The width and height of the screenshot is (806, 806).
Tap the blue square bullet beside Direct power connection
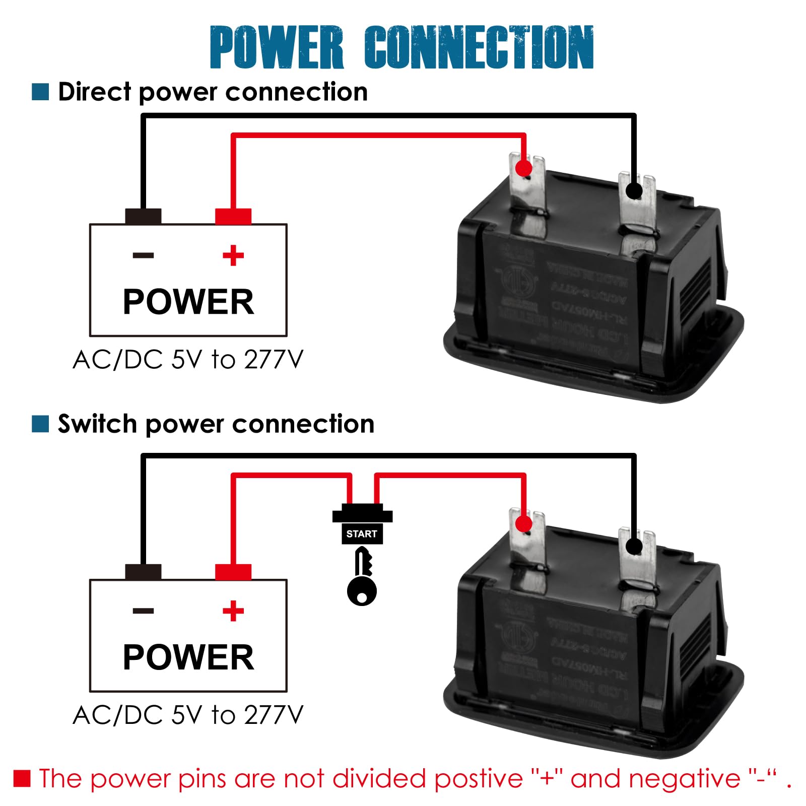pyautogui.click(x=40, y=92)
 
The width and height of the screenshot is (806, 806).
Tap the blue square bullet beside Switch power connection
pyautogui.click(x=40, y=424)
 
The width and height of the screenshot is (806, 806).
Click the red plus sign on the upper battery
pyautogui.click(x=233, y=255)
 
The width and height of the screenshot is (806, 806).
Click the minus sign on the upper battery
pyautogui.click(x=144, y=255)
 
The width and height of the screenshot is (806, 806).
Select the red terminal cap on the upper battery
pyautogui.click(x=233, y=216)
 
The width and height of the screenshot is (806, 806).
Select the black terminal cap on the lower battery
pyautogui.click(x=144, y=572)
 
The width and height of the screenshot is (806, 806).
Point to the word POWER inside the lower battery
pyautogui.click(x=188, y=657)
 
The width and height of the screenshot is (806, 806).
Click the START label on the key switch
pyautogui.click(x=362, y=534)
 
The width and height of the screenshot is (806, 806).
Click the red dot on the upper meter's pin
pyautogui.click(x=524, y=168)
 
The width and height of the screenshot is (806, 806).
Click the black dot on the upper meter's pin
pyautogui.click(x=634, y=191)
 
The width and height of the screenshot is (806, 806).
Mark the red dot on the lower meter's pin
pyautogui.click(x=524, y=524)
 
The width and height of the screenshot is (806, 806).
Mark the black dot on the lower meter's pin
pyautogui.click(x=634, y=547)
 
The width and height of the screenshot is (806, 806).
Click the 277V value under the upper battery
pyautogui.click(x=274, y=360)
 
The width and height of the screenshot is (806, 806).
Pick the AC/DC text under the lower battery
pyautogui.click(x=118, y=715)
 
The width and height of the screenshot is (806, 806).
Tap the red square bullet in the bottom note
pyautogui.click(x=22, y=778)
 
